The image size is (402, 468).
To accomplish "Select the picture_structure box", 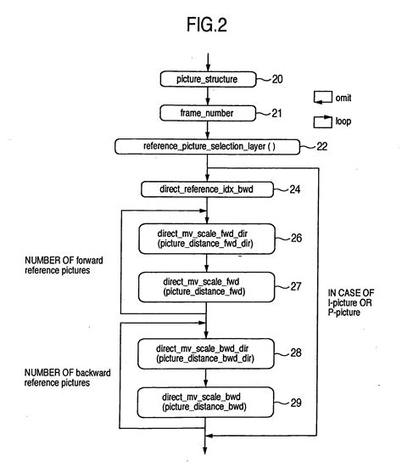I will (207, 79).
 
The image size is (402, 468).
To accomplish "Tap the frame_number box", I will (207, 112).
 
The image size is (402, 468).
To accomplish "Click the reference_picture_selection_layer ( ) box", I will (207, 147).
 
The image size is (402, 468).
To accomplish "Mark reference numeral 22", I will (320, 147).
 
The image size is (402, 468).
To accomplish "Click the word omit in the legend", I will (345, 96).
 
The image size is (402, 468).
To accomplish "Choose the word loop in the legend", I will (343, 121).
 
